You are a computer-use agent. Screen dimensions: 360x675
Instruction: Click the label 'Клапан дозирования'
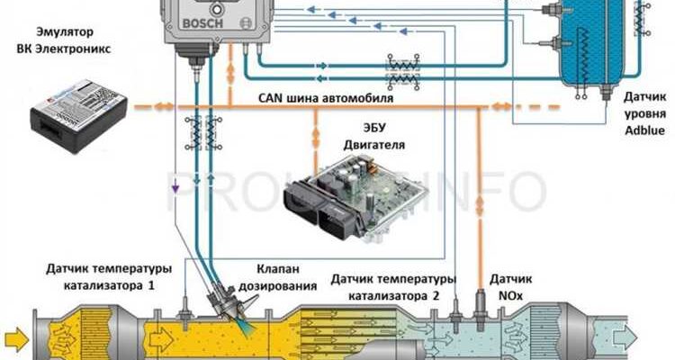[x=286, y=277]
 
